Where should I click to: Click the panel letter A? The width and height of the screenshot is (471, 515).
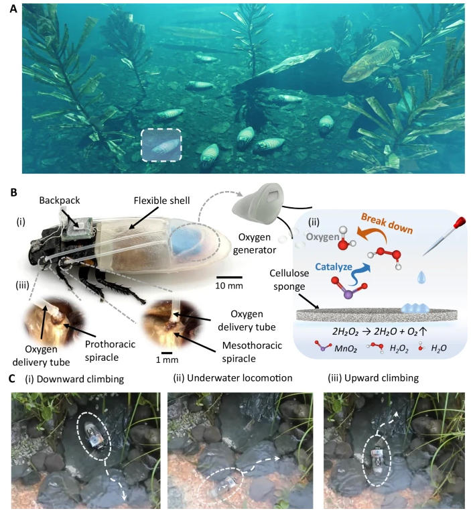click(13, 9)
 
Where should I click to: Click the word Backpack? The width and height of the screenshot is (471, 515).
click(60, 201)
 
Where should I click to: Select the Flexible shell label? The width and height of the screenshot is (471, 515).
click(161, 201)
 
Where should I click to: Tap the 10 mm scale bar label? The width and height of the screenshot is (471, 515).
click(228, 286)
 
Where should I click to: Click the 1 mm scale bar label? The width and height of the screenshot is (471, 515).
click(167, 359)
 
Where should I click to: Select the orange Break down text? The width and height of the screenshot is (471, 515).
click(387, 224)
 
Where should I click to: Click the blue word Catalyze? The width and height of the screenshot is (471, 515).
click(334, 267)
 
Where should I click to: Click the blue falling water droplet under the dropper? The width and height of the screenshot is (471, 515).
click(422, 278)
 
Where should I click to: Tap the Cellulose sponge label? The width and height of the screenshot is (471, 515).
click(289, 280)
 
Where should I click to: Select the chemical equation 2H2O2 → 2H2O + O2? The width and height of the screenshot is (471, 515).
click(379, 331)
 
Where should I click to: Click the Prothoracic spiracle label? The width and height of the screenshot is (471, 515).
click(110, 351)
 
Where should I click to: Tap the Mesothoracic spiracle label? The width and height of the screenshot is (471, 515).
click(252, 352)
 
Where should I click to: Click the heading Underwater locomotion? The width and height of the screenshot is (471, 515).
click(232, 378)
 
